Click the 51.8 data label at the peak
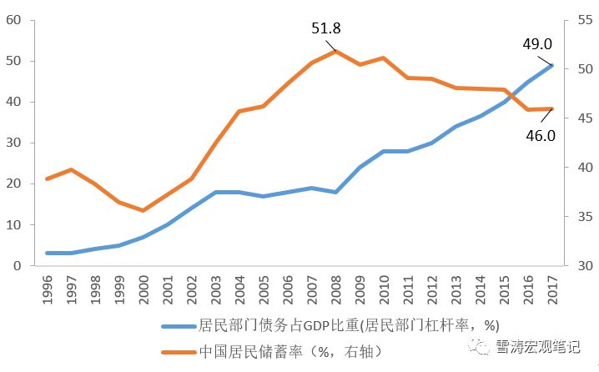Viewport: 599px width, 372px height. point(326,28)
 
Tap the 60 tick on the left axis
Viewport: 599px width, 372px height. point(14,20)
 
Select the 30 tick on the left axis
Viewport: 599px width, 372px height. point(14,143)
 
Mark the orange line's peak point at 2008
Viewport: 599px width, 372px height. point(335,52)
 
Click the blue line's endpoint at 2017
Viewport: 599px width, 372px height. point(551,65)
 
